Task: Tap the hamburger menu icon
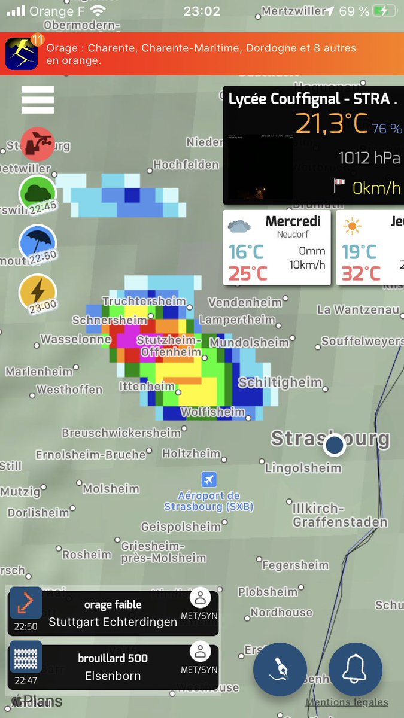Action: tap(38, 100)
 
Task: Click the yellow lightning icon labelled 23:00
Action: tap(38, 291)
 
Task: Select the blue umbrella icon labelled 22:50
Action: tap(38, 242)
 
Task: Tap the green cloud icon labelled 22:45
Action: tap(38, 193)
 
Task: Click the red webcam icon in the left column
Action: tap(38, 144)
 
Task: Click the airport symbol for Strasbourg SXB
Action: tap(209, 479)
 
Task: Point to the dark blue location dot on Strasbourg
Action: tap(334, 445)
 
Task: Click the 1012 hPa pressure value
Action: tap(369, 158)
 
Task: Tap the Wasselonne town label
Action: tap(75, 340)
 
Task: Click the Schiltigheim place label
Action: tap(280, 382)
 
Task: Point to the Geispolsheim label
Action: tap(181, 527)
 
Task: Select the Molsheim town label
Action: tap(111, 489)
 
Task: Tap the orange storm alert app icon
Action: tap(22, 53)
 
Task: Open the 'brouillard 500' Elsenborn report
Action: tap(113, 667)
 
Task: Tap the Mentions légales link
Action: tap(347, 702)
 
